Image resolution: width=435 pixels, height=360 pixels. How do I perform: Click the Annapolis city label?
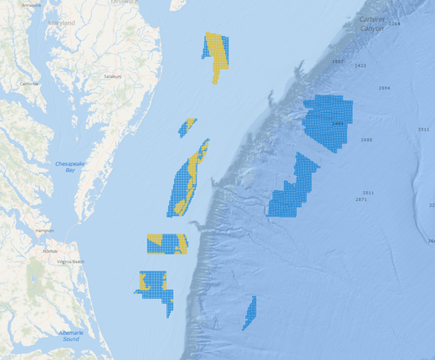pos(31,5)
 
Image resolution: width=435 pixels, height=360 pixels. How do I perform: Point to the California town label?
pos(29,84)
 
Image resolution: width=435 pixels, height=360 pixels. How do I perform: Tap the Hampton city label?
pos(45,230)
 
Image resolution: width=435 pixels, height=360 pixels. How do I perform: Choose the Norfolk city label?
pos(51,251)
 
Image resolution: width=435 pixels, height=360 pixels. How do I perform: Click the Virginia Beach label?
pos(70,262)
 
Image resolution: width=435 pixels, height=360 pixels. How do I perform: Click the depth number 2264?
pos(394,24)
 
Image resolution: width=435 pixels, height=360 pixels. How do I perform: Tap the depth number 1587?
pos(337,62)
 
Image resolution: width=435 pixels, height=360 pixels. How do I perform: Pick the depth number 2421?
pos(361,65)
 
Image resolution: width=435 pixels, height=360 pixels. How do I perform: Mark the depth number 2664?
pos(384,88)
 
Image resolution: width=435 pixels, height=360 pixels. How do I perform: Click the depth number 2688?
pos(366,140)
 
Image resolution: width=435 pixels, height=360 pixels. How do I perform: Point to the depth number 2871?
pos(361,200)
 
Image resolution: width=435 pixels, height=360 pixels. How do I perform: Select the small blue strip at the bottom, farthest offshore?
pos(250,313)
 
